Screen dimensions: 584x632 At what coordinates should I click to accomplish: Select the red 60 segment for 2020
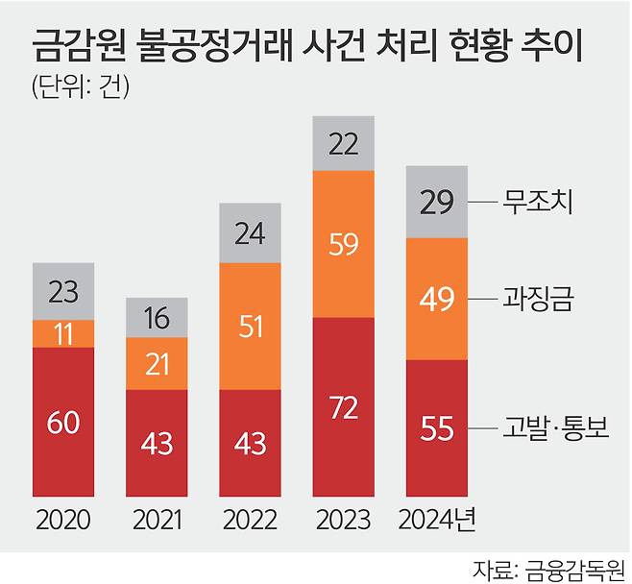tap(63, 422)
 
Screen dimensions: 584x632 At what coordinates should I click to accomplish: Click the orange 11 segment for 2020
tap(63, 333)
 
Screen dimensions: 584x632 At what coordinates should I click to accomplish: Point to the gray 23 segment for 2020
tap(63, 290)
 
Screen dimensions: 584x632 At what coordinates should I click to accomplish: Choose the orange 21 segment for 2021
tap(157, 365)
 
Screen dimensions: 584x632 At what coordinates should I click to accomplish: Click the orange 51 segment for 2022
tap(251, 326)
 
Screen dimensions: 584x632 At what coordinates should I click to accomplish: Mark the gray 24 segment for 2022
tap(251, 232)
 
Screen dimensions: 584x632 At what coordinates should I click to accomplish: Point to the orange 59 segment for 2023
tap(344, 243)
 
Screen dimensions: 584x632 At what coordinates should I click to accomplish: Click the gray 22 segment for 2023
tap(344, 144)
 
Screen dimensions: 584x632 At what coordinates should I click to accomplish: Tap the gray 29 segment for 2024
tap(438, 202)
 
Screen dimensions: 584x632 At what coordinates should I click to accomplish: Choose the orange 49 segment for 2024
tap(438, 298)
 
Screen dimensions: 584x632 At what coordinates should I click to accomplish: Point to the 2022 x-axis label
tap(251, 521)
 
